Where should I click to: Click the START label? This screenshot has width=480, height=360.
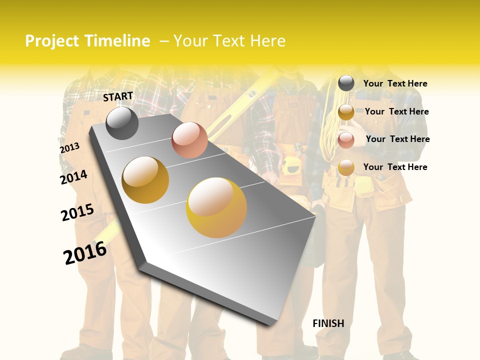tap(118, 96)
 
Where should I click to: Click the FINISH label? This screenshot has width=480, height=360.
tap(328, 323)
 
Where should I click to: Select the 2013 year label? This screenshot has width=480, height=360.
tap(69, 148)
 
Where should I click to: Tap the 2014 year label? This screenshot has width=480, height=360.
tap(73, 177)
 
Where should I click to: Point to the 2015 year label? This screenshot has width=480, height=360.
tap(77, 212)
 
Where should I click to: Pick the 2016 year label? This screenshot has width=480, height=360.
tap(85, 253)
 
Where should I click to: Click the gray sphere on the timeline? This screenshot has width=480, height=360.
tap(122, 123)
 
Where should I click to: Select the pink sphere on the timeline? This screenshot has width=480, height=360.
tap(189, 140)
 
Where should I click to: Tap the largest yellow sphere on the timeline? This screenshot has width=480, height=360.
tap(216, 207)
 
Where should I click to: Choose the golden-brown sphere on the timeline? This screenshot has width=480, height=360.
tap(145, 179)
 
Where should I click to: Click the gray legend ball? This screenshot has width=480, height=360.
tap(346, 83)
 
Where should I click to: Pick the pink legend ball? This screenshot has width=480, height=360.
tap(346, 140)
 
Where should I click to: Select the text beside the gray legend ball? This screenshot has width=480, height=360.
tap(395, 83)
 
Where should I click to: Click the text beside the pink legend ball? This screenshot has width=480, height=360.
tap(397, 139)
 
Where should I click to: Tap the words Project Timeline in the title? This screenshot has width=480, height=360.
tap(87, 41)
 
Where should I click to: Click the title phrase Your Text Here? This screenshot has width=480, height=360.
tap(229, 41)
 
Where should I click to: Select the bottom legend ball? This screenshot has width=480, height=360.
tap(346, 168)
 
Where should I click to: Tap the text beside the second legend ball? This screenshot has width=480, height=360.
tap(396, 111)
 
